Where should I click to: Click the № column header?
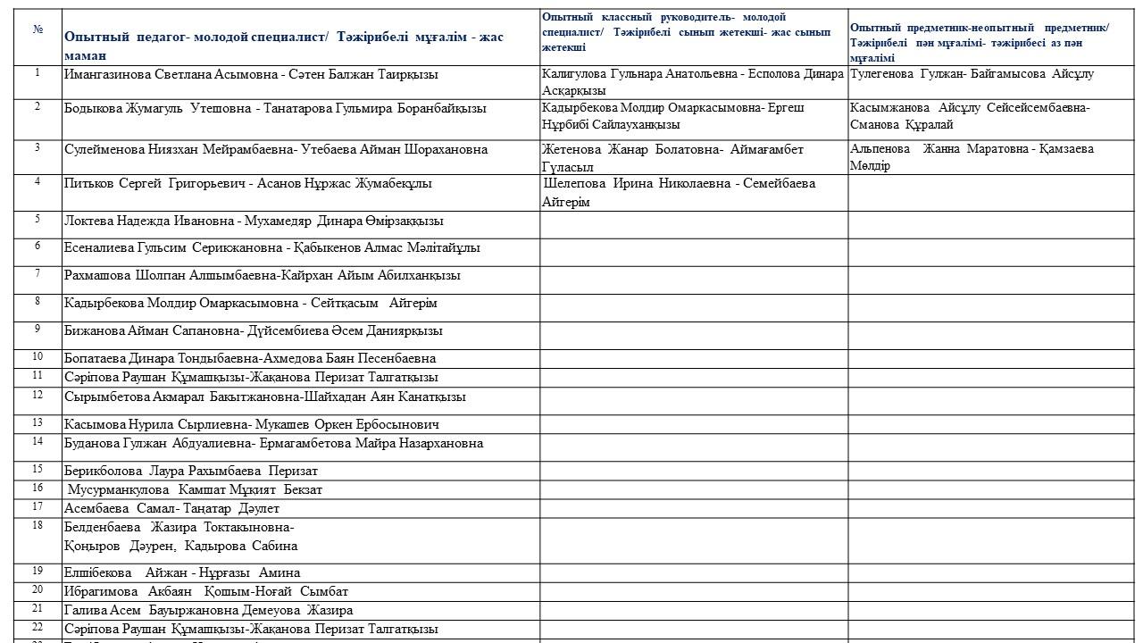tap(38, 29)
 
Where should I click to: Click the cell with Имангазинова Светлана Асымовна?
tap(251, 75)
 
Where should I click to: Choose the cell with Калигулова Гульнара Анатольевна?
tap(692, 82)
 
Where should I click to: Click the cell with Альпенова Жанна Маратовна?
tap(972, 157)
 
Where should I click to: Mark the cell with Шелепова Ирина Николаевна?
tap(679, 192)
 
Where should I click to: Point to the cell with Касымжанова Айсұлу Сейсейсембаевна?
tap(970, 116)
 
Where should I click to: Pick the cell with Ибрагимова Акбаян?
tap(206, 591)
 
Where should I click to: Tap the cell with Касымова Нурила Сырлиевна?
tap(251, 424)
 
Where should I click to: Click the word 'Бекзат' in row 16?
tap(303, 489)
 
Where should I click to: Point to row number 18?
tap(38, 525)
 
